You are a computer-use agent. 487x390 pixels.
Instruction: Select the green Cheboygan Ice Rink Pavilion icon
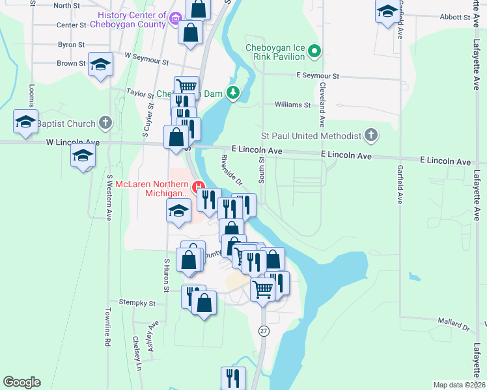coord(314,50)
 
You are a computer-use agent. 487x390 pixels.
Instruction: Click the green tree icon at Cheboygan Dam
coord(233,94)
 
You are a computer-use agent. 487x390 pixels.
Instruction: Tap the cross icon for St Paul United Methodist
coord(370,135)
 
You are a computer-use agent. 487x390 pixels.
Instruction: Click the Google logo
coord(21,382)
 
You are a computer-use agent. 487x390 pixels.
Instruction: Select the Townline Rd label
coord(108,340)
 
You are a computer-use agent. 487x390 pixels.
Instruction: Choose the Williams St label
coord(292,105)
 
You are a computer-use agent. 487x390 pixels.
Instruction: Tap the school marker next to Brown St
coord(101,64)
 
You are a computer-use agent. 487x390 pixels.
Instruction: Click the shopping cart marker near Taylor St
coord(186,85)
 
